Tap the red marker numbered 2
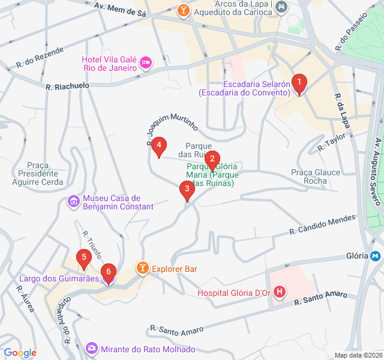[x=211, y=160]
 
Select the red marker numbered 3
[x=187, y=190]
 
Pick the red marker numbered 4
[x=158, y=146]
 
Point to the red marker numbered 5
[x=84, y=259]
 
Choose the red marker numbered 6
[x=108, y=273]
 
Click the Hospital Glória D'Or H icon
[x=279, y=293]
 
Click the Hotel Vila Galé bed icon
[x=146, y=62]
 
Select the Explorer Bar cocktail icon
[x=143, y=268]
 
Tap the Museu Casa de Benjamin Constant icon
[x=74, y=201]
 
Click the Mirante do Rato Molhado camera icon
[x=91, y=348]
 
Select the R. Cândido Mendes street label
[x=322, y=225]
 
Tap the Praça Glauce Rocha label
[x=316, y=176]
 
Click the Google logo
[x=20, y=353]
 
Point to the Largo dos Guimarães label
[x=50, y=279]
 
